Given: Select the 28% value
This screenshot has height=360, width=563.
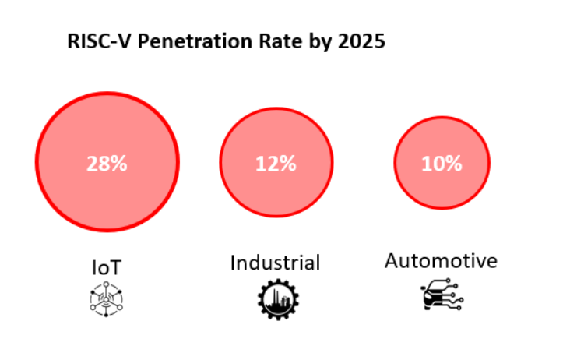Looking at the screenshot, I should pos(107,164).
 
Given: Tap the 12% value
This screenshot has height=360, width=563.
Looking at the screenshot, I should pos(276,164).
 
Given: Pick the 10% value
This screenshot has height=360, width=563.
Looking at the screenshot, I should pos(442,164).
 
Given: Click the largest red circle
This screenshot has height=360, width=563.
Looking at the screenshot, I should pos(107,125).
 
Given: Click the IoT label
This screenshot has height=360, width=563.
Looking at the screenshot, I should pos(107,267).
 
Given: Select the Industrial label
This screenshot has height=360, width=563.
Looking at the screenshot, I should pos(275,263).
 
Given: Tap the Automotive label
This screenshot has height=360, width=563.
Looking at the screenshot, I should pos(441,261).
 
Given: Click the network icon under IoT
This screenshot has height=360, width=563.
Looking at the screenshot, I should pos(107,299).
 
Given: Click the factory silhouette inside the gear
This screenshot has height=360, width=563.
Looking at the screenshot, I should pos(276,301).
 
